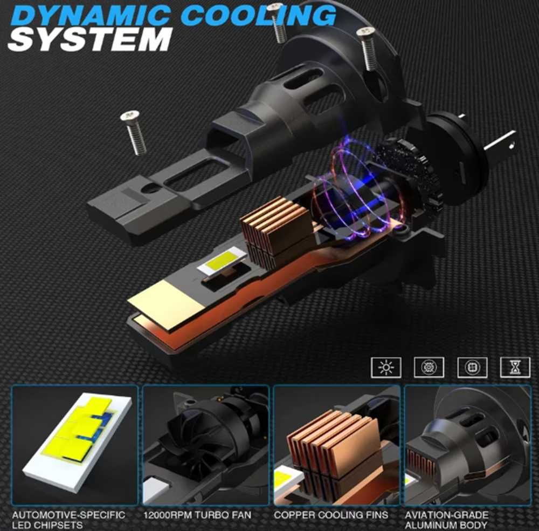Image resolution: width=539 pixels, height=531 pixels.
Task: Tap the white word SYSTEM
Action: [90, 39]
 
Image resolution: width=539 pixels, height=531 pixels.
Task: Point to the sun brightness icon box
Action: [386, 367]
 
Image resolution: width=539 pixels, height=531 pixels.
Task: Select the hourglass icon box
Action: [515, 367]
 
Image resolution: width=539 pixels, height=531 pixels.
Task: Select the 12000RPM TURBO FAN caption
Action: [197, 515]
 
